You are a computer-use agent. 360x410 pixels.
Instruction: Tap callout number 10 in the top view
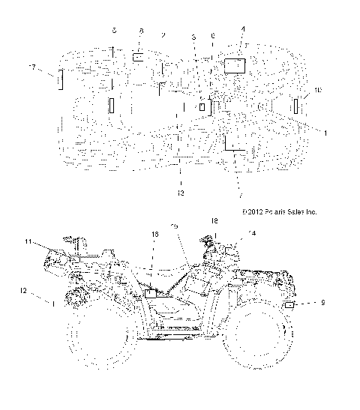[x=318, y=91]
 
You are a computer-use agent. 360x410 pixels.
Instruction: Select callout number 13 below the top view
[x=180, y=193]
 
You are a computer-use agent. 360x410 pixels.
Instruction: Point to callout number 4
[x=242, y=29]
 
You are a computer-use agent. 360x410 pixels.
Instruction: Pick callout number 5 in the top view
[x=193, y=37]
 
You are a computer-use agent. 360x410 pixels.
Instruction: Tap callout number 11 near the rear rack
[x=28, y=241]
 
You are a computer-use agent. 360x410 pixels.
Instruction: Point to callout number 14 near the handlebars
[x=251, y=234]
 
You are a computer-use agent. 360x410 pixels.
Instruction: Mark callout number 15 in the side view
[x=174, y=226]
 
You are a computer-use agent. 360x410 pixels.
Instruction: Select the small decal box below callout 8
[x=140, y=56]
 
